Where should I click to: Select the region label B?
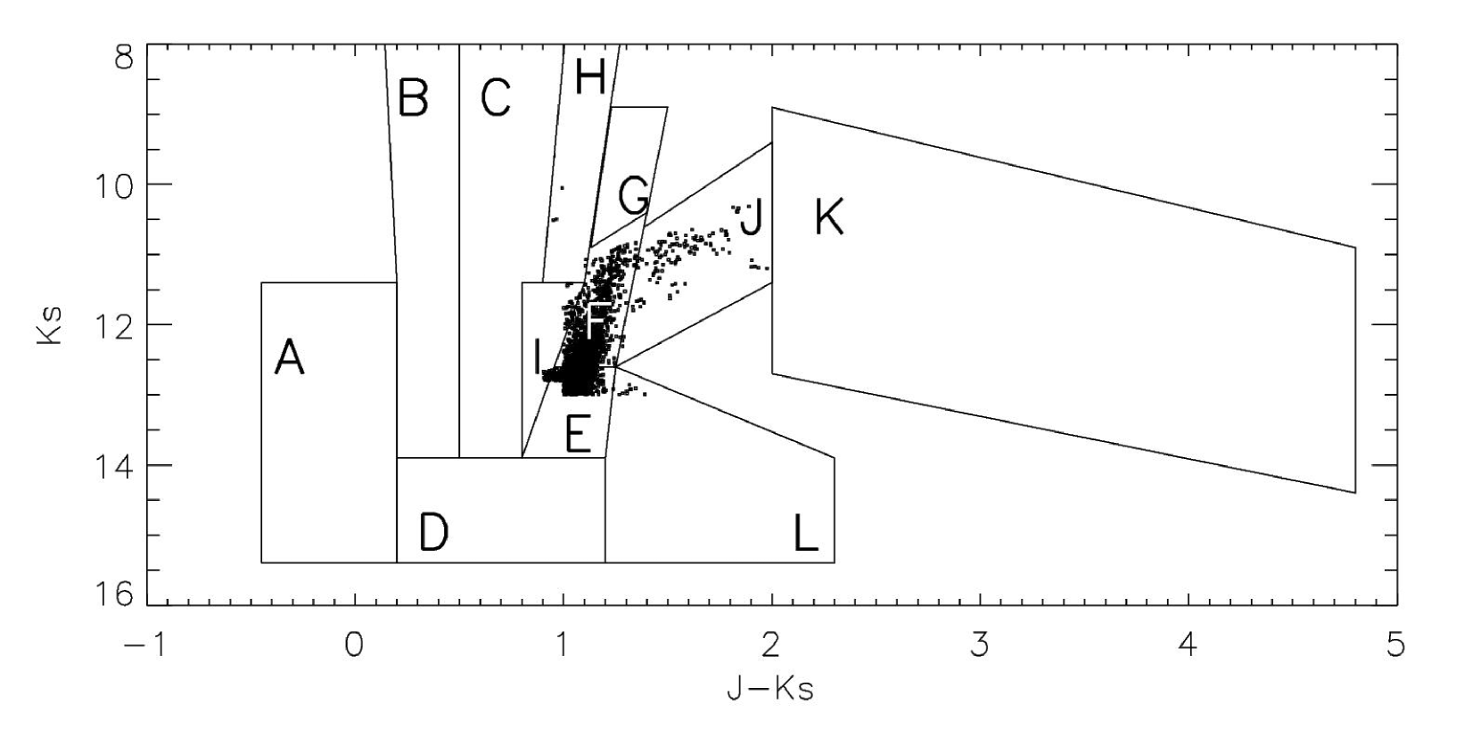pyautogui.click(x=413, y=97)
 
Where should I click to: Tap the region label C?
pyautogui.click(x=496, y=97)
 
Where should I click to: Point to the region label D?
pyautogui.click(x=433, y=534)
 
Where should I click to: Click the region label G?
pyautogui.click(x=634, y=196)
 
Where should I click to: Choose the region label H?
pyautogui.click(x=590, y=78)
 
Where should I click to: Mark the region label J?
pyautogui.click(x=752, y=217)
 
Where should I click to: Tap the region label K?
pyautogui.click(x=829, y=217)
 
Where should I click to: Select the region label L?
pyautogui.click(x=806, y=534)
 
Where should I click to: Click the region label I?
pyautogui.click(x=537, y=358)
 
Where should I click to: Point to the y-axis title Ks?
pyautogui.click(x=52, y=324)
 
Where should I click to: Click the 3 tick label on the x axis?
pyautogui.click(x=980, y=644)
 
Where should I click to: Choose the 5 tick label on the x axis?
pyautogui.click(x=1396, y=644)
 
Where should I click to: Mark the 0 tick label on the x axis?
pyautogui.click(x=355, y=644)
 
